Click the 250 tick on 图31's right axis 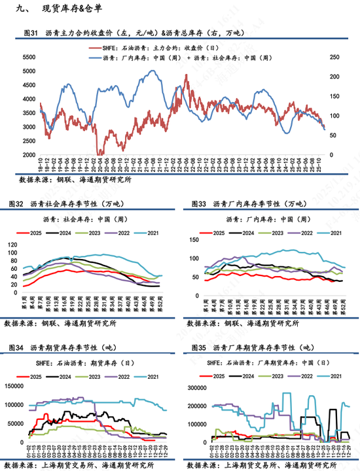click(333, 57)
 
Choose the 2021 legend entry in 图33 click(330, 233)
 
